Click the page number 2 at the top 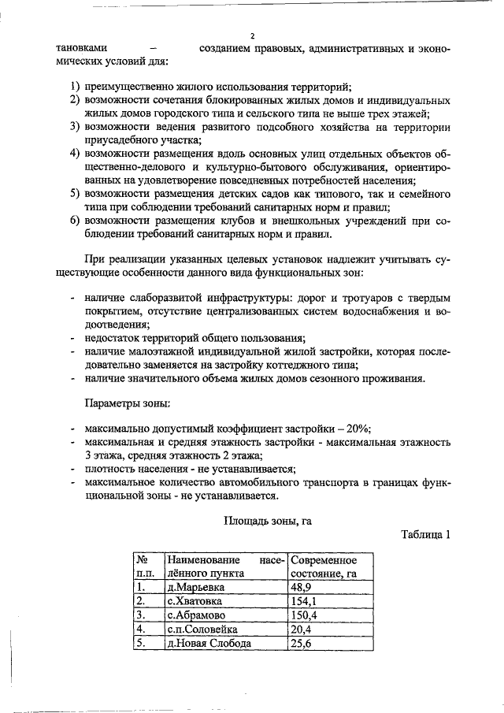[252, 35]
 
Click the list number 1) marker [72, 86]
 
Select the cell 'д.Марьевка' [195, 587]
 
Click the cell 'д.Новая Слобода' [209, 643]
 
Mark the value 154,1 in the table [304, 601]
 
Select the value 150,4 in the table [304, 615]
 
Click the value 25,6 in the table [302, 643]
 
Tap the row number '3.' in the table [141, 615]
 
